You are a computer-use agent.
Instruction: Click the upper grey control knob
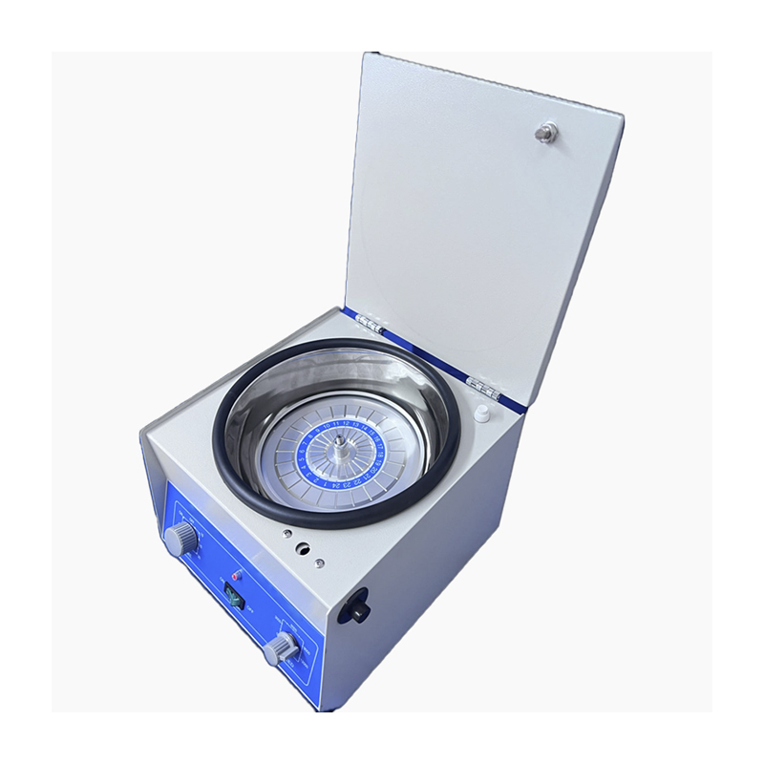(180, 540)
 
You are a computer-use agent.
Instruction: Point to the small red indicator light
(238, 576)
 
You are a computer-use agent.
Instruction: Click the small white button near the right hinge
(482, 413)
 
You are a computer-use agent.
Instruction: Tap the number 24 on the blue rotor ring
(338, 486)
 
